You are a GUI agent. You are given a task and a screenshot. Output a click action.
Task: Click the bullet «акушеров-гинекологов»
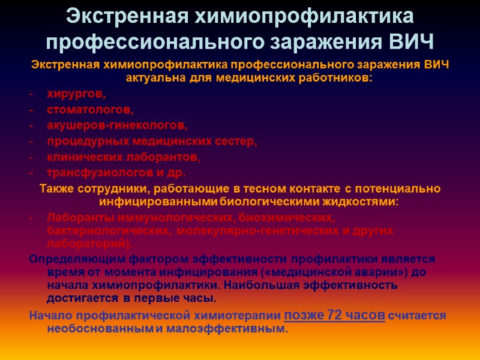[117, 126]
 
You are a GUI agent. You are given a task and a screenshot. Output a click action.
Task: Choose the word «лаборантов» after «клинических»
[169, 157]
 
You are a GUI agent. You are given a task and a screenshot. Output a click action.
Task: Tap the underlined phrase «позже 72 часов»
[334, 316]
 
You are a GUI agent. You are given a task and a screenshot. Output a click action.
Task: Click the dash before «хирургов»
[31, 95]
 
